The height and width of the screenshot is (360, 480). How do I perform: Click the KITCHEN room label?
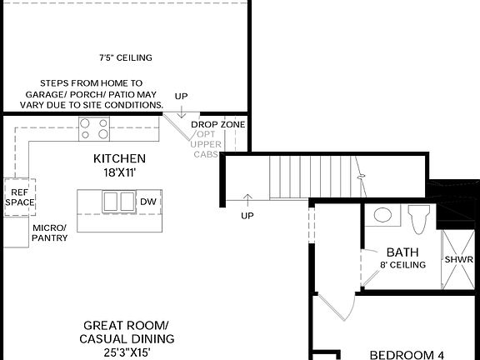(x=119, y=158)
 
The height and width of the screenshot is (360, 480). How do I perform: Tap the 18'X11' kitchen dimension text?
(x=119, y=172)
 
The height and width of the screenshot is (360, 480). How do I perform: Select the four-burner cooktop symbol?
(x=95, y=128)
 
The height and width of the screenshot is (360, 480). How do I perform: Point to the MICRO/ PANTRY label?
(x=50, y=232)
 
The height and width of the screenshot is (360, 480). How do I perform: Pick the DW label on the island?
(x=148, y=202)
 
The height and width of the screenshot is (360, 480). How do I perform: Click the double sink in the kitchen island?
(x=117, y=202)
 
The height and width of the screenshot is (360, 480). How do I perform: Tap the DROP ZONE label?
(x=217, y=124)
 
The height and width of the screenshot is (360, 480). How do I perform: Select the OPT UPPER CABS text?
(x=206, y=143)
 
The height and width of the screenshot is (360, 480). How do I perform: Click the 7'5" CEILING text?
(x=126, y=57)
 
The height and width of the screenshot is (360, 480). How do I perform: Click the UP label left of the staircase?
(x=247, y=216)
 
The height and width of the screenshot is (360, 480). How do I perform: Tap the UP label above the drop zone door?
(x=181, y=97)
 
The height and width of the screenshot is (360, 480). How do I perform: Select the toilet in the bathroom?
(x=418, y=218)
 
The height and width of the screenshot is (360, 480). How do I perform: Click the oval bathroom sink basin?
(x=382, y=215)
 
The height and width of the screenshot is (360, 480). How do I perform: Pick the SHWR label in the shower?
(x=458, y=259)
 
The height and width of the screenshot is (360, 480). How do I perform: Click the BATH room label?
(x=402, y=252)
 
